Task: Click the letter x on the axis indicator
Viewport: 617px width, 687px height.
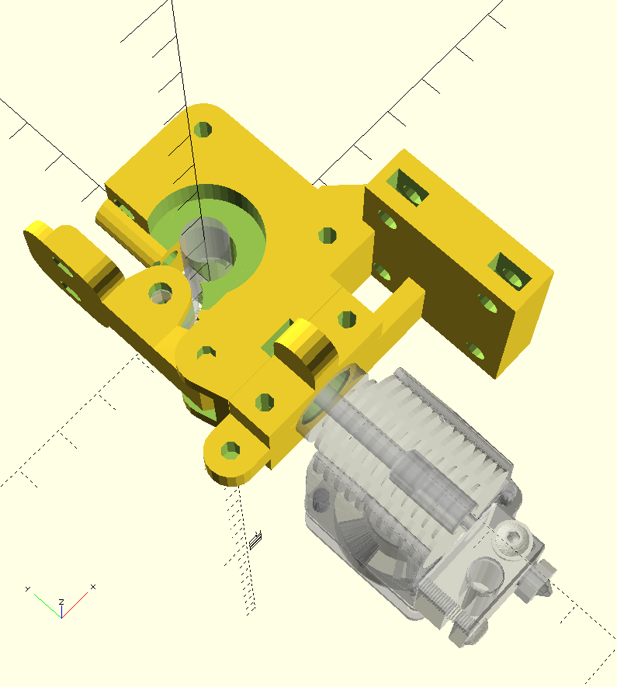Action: pyautogui.click(x=93, y=587)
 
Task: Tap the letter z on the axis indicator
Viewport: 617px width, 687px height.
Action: pyautogui.click(x=62, y=602)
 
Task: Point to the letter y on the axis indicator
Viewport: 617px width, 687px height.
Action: pyautogui.click(x=28, y=589)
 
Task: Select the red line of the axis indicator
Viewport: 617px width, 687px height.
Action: pyautogui.click(x=75, y=605)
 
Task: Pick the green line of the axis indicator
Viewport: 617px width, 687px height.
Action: pyautogui.click(x=48, y=606)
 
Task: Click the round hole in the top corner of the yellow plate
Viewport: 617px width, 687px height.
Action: pyautogui.click(x=203, y=130)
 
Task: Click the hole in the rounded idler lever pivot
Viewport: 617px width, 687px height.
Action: pyautogui.click(x=161, y=293)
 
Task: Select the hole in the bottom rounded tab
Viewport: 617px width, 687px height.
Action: pyautogui.click(x=231, y=450)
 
